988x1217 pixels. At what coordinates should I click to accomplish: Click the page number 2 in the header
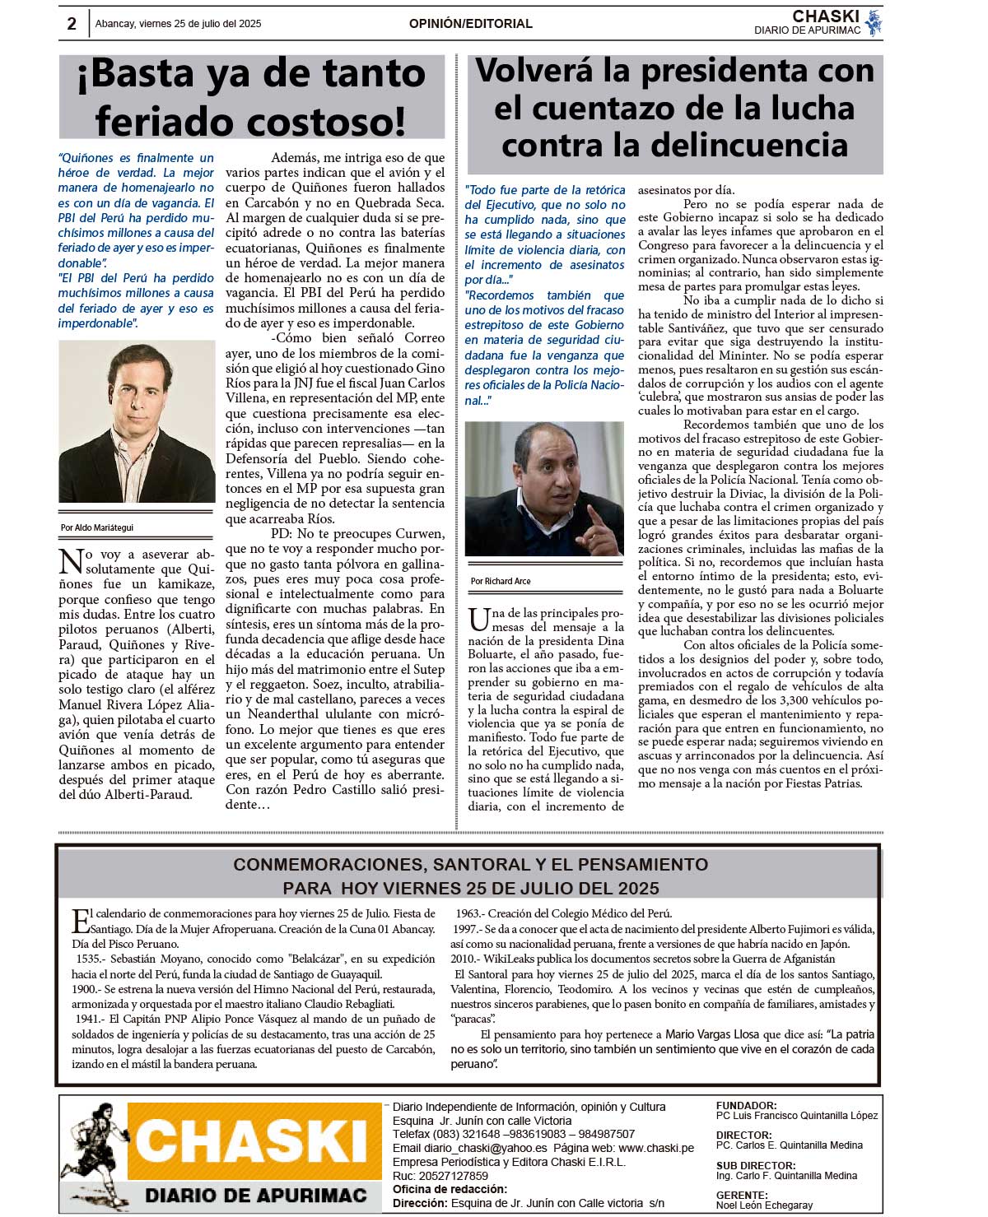pos(72,24)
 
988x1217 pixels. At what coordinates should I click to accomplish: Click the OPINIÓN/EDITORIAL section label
pos(470,24)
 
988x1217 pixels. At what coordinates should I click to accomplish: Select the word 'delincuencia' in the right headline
pos(761,146)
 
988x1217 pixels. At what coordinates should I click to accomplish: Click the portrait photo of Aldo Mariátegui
pos(137,420)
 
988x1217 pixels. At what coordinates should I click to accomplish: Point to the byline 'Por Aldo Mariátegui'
pos(96,527)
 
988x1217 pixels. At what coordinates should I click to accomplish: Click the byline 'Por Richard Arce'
pos(501,581)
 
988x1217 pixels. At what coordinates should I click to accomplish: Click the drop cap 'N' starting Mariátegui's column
pos(71,561)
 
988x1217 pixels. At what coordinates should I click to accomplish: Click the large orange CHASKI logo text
pos(251,1142)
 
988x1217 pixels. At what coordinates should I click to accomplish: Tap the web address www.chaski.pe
pos(655,1148)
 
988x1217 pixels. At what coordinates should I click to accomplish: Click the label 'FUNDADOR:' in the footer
pos(746,1106)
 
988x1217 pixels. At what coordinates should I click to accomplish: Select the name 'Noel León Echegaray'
pos(764,1205)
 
